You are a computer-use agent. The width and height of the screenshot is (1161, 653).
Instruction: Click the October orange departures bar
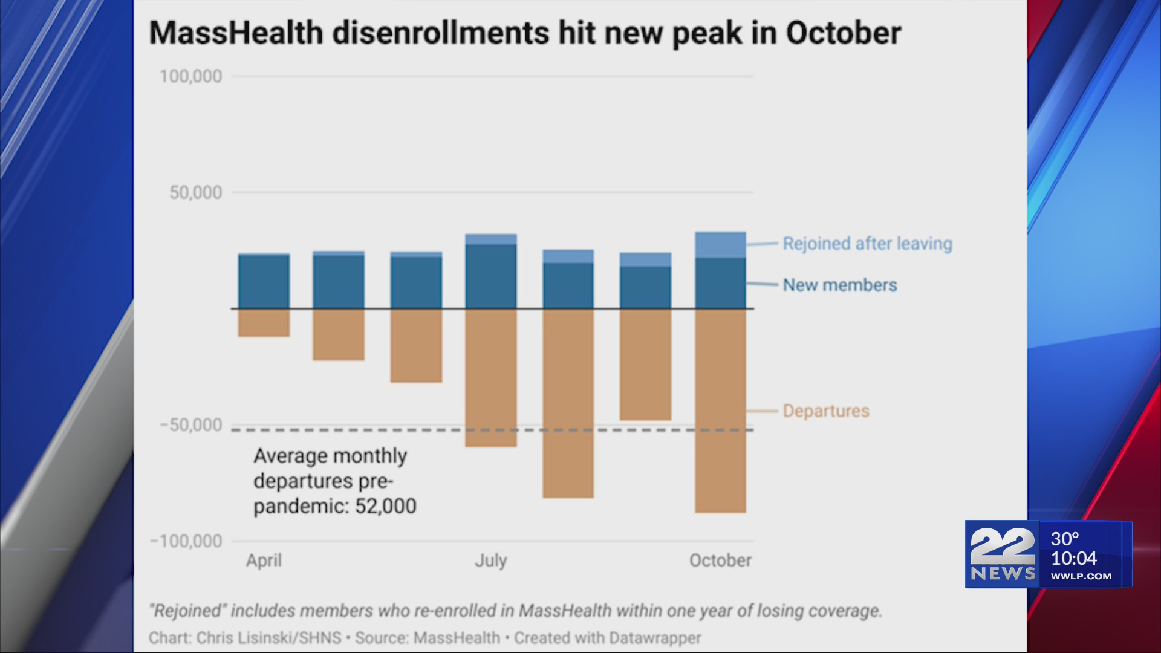720,411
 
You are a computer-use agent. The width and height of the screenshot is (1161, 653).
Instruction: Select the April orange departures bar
264,323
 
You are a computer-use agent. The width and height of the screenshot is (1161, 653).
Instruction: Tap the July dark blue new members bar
491,277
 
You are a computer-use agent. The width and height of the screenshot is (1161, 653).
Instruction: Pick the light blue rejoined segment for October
720,245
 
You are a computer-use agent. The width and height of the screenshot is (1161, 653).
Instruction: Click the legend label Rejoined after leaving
867,244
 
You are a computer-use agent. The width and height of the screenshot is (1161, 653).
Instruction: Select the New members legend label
839,285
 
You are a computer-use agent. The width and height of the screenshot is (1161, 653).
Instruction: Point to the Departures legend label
825,411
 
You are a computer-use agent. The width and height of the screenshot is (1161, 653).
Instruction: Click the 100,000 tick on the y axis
190,77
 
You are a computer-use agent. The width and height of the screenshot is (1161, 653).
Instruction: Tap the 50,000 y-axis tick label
195,193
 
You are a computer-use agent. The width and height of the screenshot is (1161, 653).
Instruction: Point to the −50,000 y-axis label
190,425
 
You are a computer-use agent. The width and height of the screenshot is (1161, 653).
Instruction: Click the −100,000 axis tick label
186,541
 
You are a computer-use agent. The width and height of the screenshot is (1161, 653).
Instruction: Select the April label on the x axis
264,560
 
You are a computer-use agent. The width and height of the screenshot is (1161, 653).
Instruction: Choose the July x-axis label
490,560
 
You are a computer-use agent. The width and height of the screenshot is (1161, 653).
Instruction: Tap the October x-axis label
720,560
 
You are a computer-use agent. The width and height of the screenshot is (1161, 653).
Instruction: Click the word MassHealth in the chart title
236,33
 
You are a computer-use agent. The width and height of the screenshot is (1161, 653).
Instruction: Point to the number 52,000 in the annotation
386,506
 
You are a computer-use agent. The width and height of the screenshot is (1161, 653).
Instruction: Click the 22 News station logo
1002,554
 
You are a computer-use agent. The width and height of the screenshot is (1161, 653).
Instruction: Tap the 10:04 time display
1073,558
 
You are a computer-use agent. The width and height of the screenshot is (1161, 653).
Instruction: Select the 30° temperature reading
1064,539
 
